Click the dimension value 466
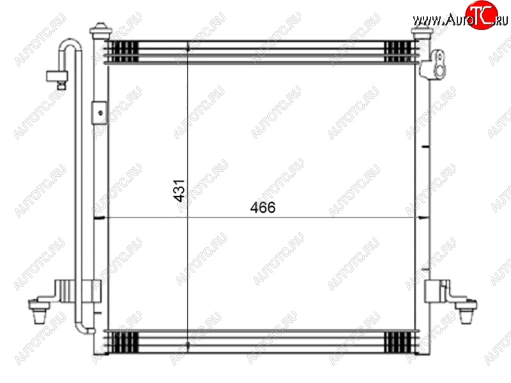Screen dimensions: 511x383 click(x=263, y=207)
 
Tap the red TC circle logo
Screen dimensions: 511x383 click(x=482, y=15)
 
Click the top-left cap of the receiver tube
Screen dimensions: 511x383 click(x=101, y=31)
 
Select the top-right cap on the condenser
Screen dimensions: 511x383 click(x=421, y=31)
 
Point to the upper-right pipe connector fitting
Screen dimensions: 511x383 click(x=432, y=64)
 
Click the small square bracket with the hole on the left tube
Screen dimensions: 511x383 click(x=100, y=113)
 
